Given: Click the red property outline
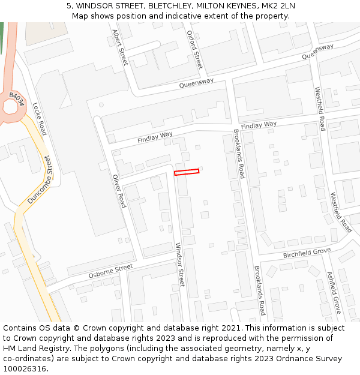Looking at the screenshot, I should (x=187, y=172).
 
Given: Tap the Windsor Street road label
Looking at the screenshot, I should (x=179, y=265).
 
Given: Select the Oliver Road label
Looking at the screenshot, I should (x=119, y=191).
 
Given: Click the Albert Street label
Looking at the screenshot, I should (x=120, y=48).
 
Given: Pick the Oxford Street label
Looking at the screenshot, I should (x=194, y=50).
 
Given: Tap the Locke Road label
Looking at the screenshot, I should (x=40, y=118).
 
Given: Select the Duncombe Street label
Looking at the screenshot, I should (x=40, y=180).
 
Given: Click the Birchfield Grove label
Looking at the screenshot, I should (x=307, y=253).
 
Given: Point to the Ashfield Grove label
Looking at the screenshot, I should (x=334, y=292).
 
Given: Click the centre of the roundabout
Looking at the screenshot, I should (x=10, y=107).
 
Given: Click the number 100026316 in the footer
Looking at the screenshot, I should (x=25, y=369).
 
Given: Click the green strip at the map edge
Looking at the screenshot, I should (x=1, y=36).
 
